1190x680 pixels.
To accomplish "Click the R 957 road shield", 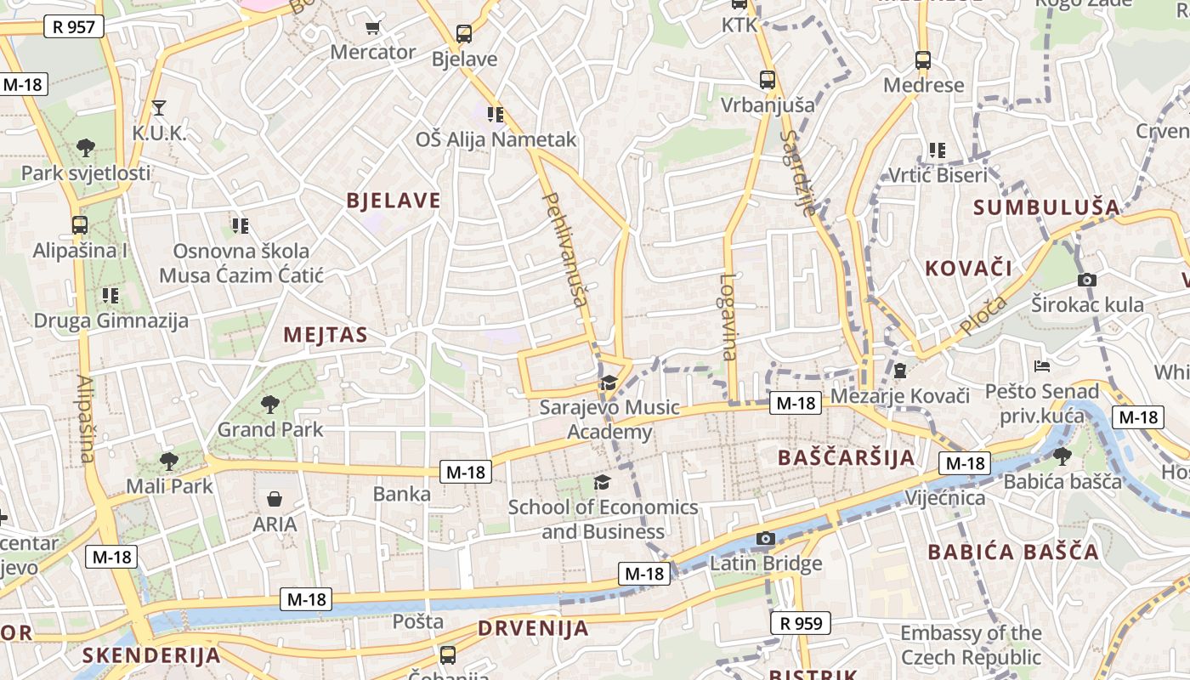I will pyautogui.click(x=73, y=26).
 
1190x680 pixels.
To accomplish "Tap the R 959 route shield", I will pyautogui.click(x=801, y=623).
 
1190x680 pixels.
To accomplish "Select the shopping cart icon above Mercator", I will pyautogui.click(x=372, y=28).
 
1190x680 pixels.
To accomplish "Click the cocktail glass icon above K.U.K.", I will pyautogui.click(x=158, y=108).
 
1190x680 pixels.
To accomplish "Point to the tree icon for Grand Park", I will pyautogui.click(x=270, y=404).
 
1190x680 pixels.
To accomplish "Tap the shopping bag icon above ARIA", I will pyautogui.click(x=275, y=499).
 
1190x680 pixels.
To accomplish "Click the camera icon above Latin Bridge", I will pyautogui.click(x=766, y=538).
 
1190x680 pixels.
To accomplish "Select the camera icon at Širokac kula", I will pyautogui.click(x=1086, y=280).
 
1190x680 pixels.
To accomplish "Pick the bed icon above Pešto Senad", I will pyautogui.click(x=1042, y=366).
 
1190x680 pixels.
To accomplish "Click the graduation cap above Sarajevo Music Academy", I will pyautogui.click(x=609, y=382).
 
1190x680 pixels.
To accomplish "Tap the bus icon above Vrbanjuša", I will pyautogui.click(x=768, y=80).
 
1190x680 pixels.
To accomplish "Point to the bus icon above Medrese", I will pyautogui.click(x=923, y=60).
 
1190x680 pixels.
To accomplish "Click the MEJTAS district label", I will pyautogui.click(x=326, y=335).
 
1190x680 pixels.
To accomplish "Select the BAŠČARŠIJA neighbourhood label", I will pyautogui.click(x=846, y=458).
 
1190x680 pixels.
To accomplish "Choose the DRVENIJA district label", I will pyautogui.click(x=533, y=629).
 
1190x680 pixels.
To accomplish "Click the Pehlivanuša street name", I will pyautogui.click(x=565, y=249).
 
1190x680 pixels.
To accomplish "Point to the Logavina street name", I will pyautogui.click(x=728, y=316).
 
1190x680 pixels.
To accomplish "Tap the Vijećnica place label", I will pyautogui.click(x=945, y=497).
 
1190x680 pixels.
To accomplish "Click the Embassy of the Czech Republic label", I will pyautogui.click(x=971, y=645).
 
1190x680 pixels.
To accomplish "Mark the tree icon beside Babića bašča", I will pyautogui.click(x=1062, y=456).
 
